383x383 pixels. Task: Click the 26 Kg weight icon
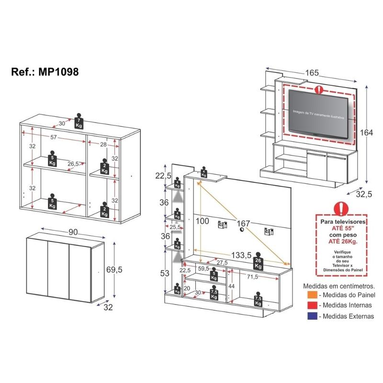pos(258,259)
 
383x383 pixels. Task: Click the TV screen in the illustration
pos(318,113)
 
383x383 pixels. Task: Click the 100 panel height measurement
pos(203,221)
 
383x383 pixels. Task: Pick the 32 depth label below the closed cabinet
pos(108,308)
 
